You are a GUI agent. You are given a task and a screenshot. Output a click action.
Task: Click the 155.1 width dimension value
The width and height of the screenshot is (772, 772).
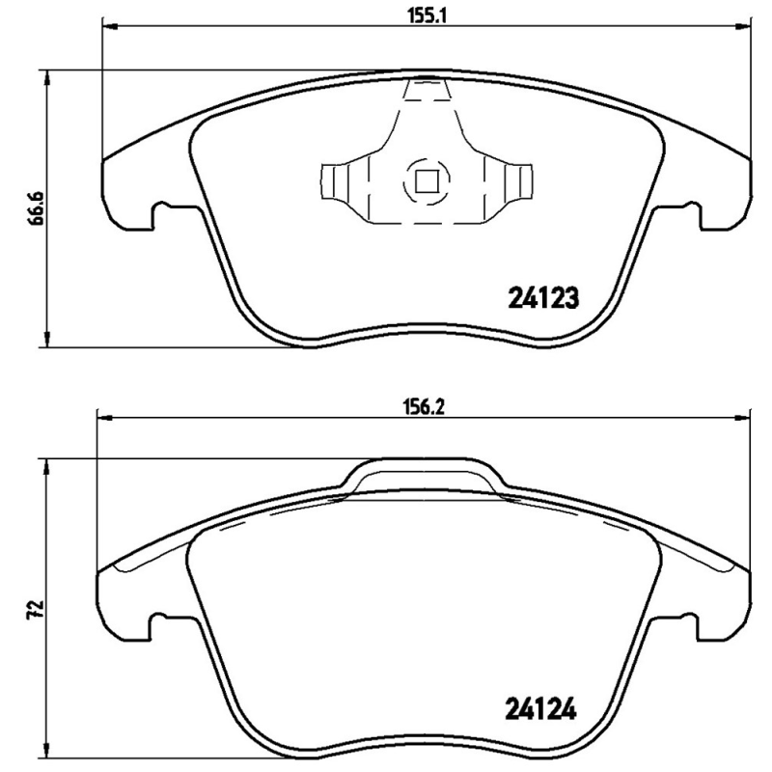point(426,14)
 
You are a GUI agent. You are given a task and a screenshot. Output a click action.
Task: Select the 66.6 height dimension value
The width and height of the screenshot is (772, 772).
point(37,207)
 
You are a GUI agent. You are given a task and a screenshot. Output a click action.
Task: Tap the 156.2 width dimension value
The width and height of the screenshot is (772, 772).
point(423,406)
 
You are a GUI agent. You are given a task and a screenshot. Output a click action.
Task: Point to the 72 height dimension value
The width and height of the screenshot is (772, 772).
point(37,609)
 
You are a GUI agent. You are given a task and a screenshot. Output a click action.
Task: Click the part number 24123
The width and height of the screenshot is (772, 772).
point(542,298)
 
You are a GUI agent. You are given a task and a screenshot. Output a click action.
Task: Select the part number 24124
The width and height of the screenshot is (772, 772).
point(540,710)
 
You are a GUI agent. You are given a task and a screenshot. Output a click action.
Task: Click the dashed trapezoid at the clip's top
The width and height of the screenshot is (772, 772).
point(427,90)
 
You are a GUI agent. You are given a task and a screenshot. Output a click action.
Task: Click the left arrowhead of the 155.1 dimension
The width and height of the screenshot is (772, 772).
point(107,28)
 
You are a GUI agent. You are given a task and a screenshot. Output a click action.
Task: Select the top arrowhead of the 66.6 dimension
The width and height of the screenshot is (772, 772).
point(44,76)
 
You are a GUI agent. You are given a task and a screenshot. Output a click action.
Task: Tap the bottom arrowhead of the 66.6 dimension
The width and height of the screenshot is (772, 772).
point(44,340)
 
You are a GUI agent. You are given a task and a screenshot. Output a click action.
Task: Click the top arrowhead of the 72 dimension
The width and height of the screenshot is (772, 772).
point(44,465)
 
